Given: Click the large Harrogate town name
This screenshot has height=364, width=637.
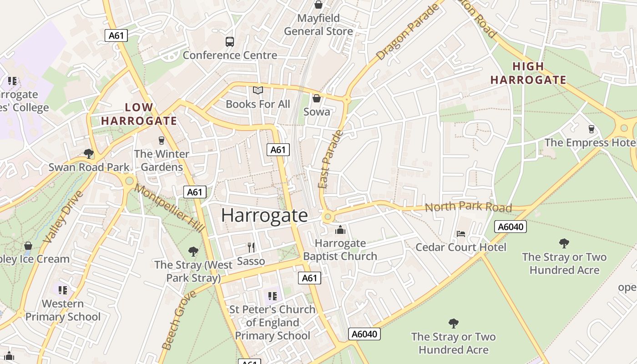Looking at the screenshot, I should (264, 215).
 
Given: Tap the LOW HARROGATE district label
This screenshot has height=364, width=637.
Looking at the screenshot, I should (139, 114).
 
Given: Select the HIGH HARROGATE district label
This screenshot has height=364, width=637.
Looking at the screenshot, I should (528, 73).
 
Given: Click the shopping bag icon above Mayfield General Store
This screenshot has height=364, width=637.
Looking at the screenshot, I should (318, 5).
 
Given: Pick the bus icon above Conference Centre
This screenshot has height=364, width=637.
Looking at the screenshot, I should (230, 42).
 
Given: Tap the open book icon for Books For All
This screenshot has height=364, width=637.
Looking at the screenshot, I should (258, 91).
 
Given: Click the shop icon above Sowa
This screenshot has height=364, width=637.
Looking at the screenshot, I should (317, 98).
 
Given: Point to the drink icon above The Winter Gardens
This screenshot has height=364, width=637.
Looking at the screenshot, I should (161, 141).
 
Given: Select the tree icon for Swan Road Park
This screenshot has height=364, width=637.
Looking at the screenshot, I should (89, 154).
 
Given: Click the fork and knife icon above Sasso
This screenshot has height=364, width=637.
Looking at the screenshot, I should (251, 247).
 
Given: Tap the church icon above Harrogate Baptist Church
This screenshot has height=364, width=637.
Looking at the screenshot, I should (340, 230).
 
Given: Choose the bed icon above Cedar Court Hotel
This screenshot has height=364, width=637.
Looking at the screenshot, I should (461, 234).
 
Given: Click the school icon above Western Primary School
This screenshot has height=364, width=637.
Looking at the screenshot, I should (63, 290).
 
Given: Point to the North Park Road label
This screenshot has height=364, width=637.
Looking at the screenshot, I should (468, 207).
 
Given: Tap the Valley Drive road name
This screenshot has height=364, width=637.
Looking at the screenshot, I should (63, 217).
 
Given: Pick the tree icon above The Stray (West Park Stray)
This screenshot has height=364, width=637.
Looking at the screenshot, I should (193, 251).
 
